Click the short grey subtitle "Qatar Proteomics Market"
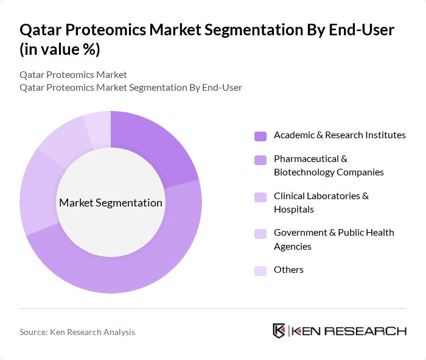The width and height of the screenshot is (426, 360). coord(73,74)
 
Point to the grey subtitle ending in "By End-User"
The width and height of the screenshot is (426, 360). coord(131,87)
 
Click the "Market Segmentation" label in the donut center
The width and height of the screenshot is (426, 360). coord(111,202)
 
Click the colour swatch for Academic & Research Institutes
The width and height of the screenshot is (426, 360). coord(260,136)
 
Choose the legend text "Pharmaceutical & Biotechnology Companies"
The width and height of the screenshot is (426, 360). coord(329,165)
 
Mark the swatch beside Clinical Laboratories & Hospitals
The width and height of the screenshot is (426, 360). coord(260,197)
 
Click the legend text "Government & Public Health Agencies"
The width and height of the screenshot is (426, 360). coord(333,239)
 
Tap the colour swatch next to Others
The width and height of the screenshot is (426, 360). coord(260,270)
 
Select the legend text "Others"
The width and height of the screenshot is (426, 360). coord(288,270)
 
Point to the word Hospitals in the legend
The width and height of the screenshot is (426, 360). coord(293,210)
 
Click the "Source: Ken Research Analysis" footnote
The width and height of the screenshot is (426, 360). coord(77,332)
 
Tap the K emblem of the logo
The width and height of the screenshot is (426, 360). coord(279,331)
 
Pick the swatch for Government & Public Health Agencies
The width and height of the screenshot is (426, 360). coord(260,233)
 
